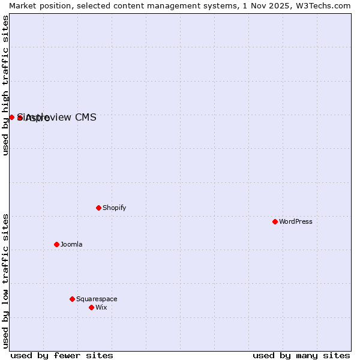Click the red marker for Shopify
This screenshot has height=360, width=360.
click(98, 208)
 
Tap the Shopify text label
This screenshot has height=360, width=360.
click(114, 208)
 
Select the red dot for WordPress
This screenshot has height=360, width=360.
click(275, 221)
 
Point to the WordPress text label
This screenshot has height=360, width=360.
click(295, 221)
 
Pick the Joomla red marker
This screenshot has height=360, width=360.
click(56, 244)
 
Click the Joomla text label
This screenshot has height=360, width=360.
click(71, 244)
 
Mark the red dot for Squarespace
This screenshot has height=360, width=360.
click(72, 299)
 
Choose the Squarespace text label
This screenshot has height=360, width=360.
click(97, 299)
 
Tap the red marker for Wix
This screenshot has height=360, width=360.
click(91, 307)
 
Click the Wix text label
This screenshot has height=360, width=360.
click(101, 307)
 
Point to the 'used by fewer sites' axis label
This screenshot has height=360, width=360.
click(62, 355)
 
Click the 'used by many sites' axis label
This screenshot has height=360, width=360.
click(301, 355)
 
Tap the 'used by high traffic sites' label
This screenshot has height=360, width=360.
click(5, 85)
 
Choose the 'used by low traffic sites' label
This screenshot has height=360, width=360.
click(5, 281)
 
